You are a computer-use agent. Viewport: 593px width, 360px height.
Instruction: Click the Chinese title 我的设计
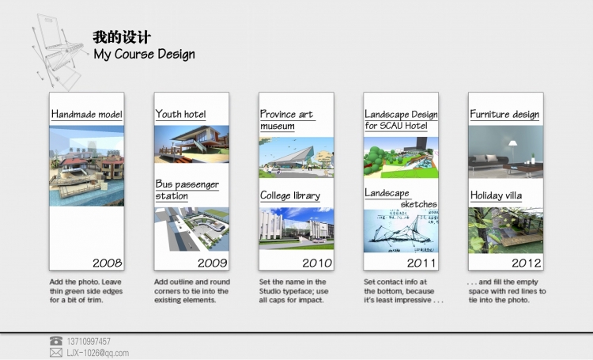122,37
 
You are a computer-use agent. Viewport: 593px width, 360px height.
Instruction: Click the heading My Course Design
144,54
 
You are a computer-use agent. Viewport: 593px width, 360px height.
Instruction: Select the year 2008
108,263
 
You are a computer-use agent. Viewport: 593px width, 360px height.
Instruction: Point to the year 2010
317,263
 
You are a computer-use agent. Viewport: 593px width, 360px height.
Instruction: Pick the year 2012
527,263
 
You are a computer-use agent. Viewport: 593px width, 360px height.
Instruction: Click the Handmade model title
87,114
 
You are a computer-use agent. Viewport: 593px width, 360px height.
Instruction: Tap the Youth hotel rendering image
192,144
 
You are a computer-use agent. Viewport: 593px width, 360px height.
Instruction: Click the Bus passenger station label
187,190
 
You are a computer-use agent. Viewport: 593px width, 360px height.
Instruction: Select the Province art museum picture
296,157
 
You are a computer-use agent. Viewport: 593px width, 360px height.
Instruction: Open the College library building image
296,229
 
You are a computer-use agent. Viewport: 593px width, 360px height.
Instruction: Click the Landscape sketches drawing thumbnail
401,231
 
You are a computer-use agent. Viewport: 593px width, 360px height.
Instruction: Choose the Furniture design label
504,114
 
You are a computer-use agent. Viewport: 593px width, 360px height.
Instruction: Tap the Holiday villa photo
506,230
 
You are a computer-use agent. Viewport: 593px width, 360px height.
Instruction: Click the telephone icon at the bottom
56,341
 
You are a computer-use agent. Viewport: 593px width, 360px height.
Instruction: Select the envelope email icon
56,353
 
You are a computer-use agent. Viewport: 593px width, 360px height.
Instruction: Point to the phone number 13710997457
89,341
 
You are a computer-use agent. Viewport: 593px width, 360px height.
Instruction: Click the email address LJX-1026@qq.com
98,353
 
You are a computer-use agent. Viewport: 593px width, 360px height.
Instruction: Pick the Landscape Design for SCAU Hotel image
401,157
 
